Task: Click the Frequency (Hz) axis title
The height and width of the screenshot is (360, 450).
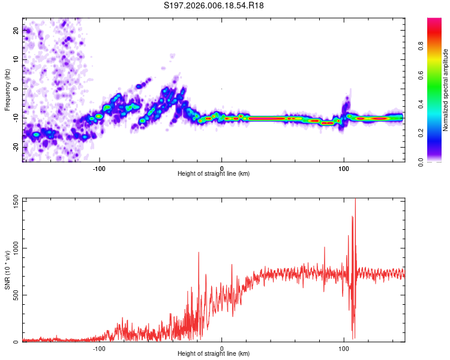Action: point(7,90)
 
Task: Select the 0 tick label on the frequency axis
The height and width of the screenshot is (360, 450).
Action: point(16,88)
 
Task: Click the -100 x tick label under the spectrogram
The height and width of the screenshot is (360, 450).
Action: point(100,167)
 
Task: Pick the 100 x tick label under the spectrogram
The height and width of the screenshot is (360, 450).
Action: point(344,167)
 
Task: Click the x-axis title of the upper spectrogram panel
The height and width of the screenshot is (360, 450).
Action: point(214,174)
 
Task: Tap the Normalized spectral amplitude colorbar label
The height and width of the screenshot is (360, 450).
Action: point(446,90)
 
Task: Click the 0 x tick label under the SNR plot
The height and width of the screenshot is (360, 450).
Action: point(222,347)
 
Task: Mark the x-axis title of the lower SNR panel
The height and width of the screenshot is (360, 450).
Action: point(214,354)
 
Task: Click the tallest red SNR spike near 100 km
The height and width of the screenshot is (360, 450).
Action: point(355,201)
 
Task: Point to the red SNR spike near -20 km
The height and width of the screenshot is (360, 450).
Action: point(198,253)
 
